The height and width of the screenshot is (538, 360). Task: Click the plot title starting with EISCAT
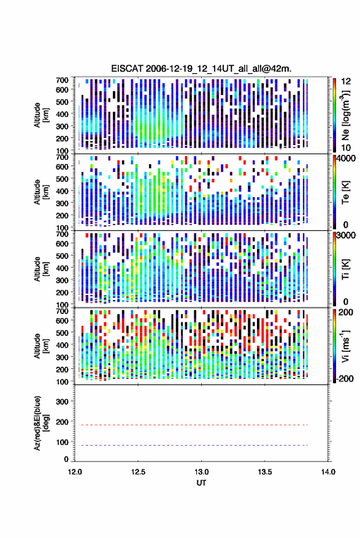(201, 69)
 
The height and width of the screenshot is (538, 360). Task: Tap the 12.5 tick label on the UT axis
(138, 472)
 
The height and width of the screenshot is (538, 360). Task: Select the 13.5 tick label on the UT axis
(265, 472)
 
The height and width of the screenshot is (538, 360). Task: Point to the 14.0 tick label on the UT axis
(328, 472)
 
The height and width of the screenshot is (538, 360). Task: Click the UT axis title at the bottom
(201, 483)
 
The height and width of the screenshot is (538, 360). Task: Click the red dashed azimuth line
(193, 425)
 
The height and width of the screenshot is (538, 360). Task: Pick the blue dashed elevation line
(193, 446)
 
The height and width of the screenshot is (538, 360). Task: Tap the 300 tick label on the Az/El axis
(62, 402)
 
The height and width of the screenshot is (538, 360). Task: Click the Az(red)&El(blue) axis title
(41, 423)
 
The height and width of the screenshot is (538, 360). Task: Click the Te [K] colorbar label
(345, 192)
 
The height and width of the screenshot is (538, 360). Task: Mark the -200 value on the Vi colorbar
(344, 379)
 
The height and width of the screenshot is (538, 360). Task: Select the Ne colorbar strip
(334, 115)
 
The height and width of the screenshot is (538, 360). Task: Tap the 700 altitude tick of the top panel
(62, 80)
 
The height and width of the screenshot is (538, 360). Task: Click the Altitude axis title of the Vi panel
(41, 346)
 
